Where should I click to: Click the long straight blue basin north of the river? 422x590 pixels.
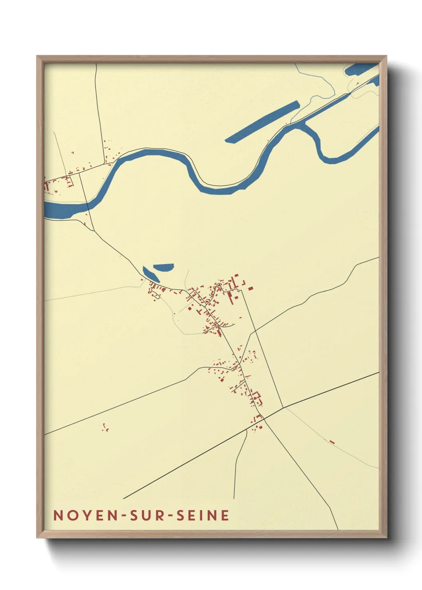click(x=262, y=122)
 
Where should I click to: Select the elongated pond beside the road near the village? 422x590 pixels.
click(x=151, y=274)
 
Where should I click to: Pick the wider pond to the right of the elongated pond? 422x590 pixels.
click(x=164, y=267)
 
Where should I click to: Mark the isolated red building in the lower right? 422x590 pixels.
click(x=331, y=441)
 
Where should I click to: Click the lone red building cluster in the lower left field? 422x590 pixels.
click(x=105, y=428)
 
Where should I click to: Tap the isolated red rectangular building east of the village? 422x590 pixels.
click(x=250, y=288)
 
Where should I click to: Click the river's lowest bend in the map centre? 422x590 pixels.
click(x=223, y=190)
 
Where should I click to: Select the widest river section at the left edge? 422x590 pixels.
click(x=60, y=210)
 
